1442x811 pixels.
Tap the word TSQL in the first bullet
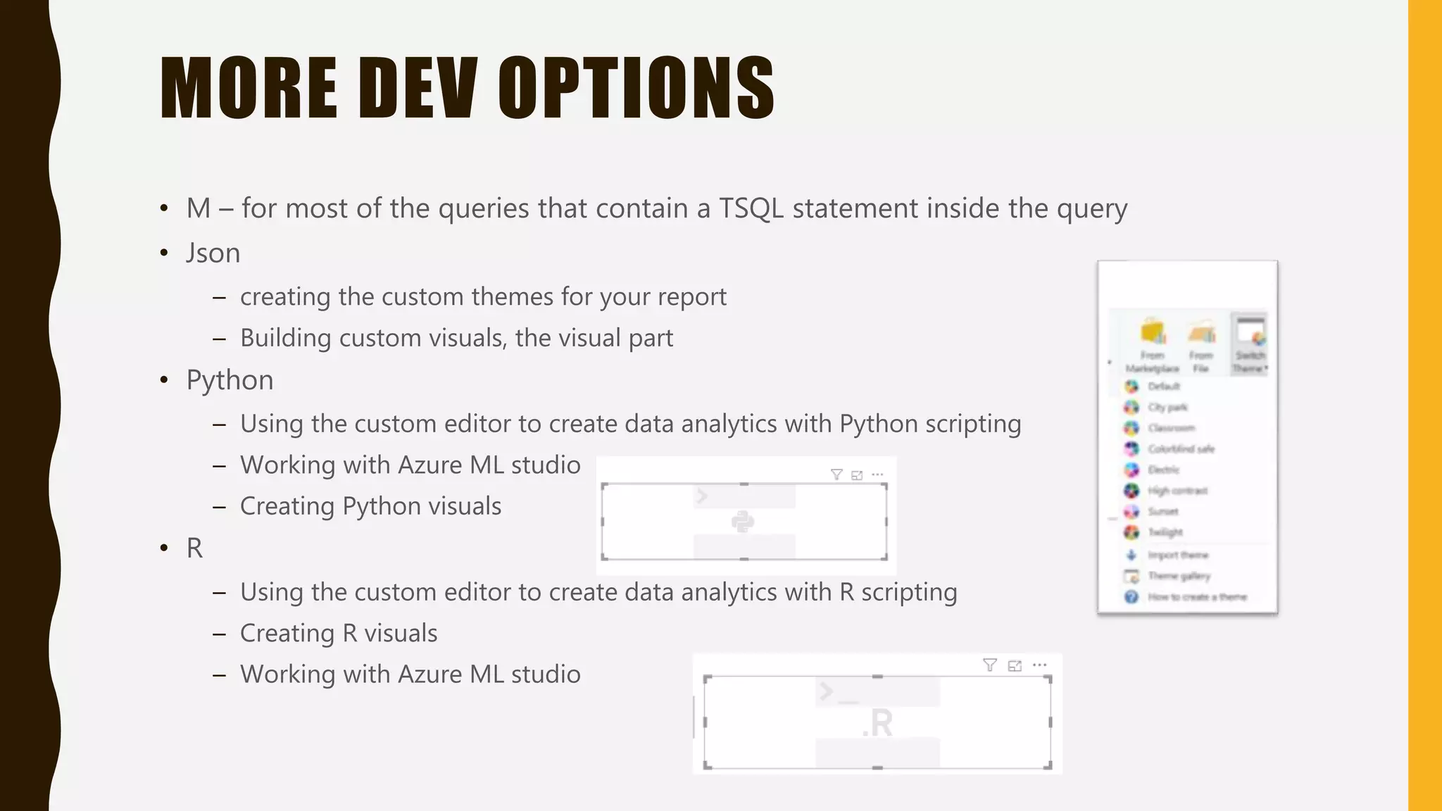pos(751,208)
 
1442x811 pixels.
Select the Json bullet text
pos(213,253)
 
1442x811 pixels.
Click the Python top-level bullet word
pos(230,380)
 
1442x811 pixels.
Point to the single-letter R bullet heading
pos(194,548)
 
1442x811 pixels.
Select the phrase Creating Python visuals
pos(370,506)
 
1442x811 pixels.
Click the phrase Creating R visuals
pos(339,633)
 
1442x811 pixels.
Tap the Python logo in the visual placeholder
pos(743,522)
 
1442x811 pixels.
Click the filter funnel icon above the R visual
pos(989,665)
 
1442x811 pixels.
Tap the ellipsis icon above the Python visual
pos(877,474)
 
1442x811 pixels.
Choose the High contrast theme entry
pos(1177,491)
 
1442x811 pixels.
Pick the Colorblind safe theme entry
pos(1180,448)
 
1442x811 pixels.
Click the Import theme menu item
pos(1177,555)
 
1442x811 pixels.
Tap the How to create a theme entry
pos(1196,597)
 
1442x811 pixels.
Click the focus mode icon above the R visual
pos(1015,665)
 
